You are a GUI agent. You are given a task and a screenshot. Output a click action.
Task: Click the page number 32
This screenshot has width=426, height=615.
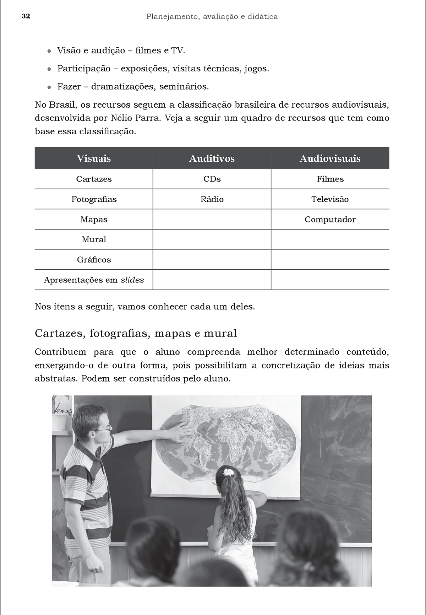tap(26, 16)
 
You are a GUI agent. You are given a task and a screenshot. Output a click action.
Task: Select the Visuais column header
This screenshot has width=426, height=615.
tap(94, 158)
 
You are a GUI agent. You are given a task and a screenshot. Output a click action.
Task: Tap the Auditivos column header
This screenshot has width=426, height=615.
tap(212, 158)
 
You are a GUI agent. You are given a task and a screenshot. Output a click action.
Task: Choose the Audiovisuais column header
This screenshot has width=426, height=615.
tap(330, 158)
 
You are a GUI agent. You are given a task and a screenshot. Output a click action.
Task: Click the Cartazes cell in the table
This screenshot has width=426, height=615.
tap(94, 179)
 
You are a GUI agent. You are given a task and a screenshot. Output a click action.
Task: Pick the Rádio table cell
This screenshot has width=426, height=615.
tap(212, 199)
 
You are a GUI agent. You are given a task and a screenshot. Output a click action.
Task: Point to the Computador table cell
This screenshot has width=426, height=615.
tap(330, 220)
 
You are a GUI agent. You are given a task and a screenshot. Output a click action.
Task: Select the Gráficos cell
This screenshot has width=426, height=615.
tap(94, 260)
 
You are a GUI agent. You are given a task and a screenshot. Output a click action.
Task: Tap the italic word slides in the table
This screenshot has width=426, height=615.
tap(132, 280)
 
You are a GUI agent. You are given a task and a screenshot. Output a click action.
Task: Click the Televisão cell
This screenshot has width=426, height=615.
tap(330, 199)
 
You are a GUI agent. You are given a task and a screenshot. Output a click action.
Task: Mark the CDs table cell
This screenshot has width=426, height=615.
tap(212, 179)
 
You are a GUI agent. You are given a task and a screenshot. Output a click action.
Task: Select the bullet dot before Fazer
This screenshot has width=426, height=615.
tap(49, 87)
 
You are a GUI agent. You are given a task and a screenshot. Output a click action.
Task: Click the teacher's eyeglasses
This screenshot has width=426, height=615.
tap(102, 430)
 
